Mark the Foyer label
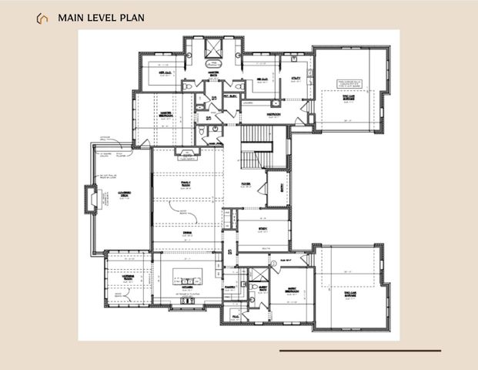[x=246, y=183]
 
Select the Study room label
[x=262, y=228]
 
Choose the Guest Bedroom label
[x=292, y=290]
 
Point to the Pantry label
[x=229, y=285]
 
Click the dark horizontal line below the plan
[x=359, y=350]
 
